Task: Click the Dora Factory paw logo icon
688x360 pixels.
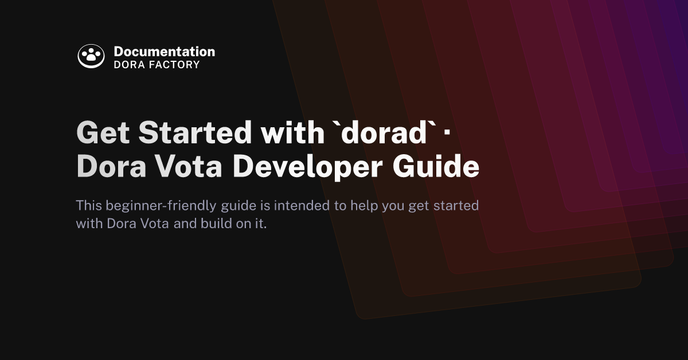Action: (91, 56)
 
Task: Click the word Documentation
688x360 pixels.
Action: (164, 52)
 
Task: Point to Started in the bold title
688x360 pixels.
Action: (196, 133)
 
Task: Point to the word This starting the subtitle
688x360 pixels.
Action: (88, 205)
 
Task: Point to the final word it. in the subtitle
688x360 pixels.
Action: (261, 224)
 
